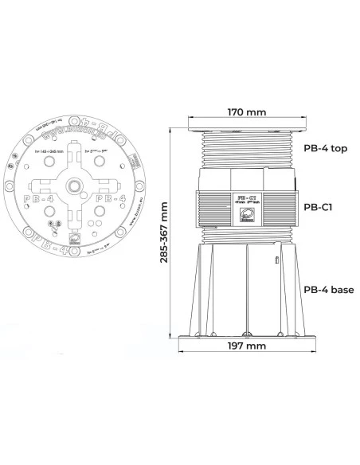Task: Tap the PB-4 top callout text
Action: (326, 147)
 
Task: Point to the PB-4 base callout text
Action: (328, 289)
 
